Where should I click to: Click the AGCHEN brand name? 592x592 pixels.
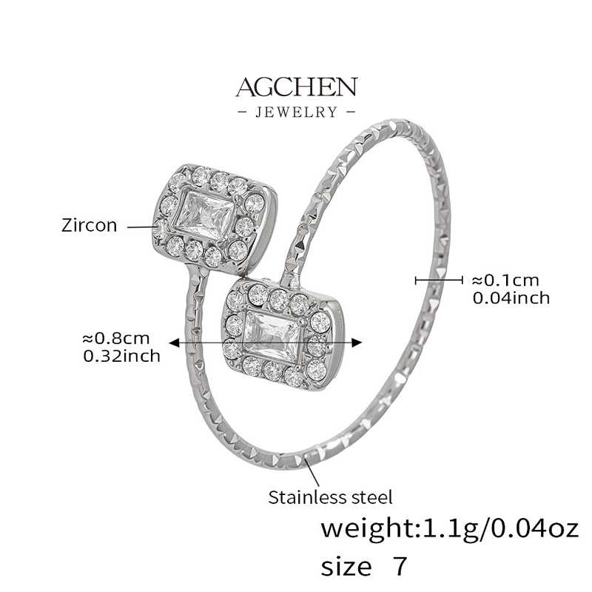pos(297,87)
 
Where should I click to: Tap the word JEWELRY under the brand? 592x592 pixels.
pos(297,112)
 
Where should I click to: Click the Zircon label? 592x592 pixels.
pos(89,226)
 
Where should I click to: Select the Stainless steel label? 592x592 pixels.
pos(330,497)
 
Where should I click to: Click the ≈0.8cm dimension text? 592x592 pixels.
pos(116,338)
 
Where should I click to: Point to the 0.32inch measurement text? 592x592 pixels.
pos(121,356)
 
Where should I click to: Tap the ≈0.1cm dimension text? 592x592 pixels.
pos(505,280)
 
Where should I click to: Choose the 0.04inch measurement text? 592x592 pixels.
pos(511,298)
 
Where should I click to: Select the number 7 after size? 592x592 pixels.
pos(400,565)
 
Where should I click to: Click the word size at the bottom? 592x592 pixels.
pos(346,566)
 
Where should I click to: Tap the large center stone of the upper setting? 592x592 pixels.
pos(204,215)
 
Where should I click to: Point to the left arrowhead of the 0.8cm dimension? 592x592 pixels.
pos(174,343)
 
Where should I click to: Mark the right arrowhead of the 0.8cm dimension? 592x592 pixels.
pos(357,343)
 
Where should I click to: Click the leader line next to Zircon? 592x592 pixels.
pos(142,226)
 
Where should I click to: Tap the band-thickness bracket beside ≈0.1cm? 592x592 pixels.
pos(439,280)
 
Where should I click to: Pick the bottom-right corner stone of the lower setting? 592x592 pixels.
pos(317,371)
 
